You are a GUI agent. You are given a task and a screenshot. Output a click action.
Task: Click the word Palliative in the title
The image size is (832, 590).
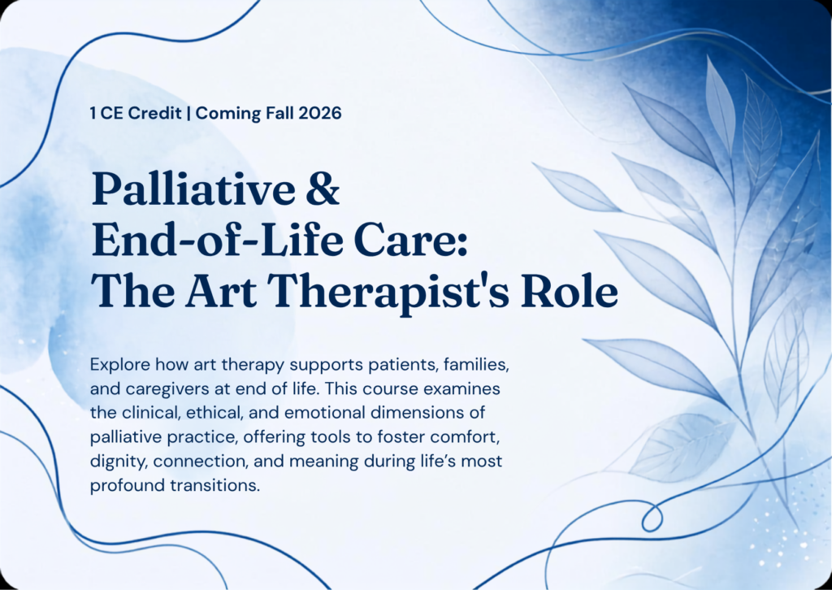193,189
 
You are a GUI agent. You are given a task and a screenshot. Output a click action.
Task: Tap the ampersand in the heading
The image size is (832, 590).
323,189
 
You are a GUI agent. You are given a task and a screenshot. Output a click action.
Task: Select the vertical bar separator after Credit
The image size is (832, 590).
188,114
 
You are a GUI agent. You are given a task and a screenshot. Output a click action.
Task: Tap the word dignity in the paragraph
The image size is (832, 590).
119,462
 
